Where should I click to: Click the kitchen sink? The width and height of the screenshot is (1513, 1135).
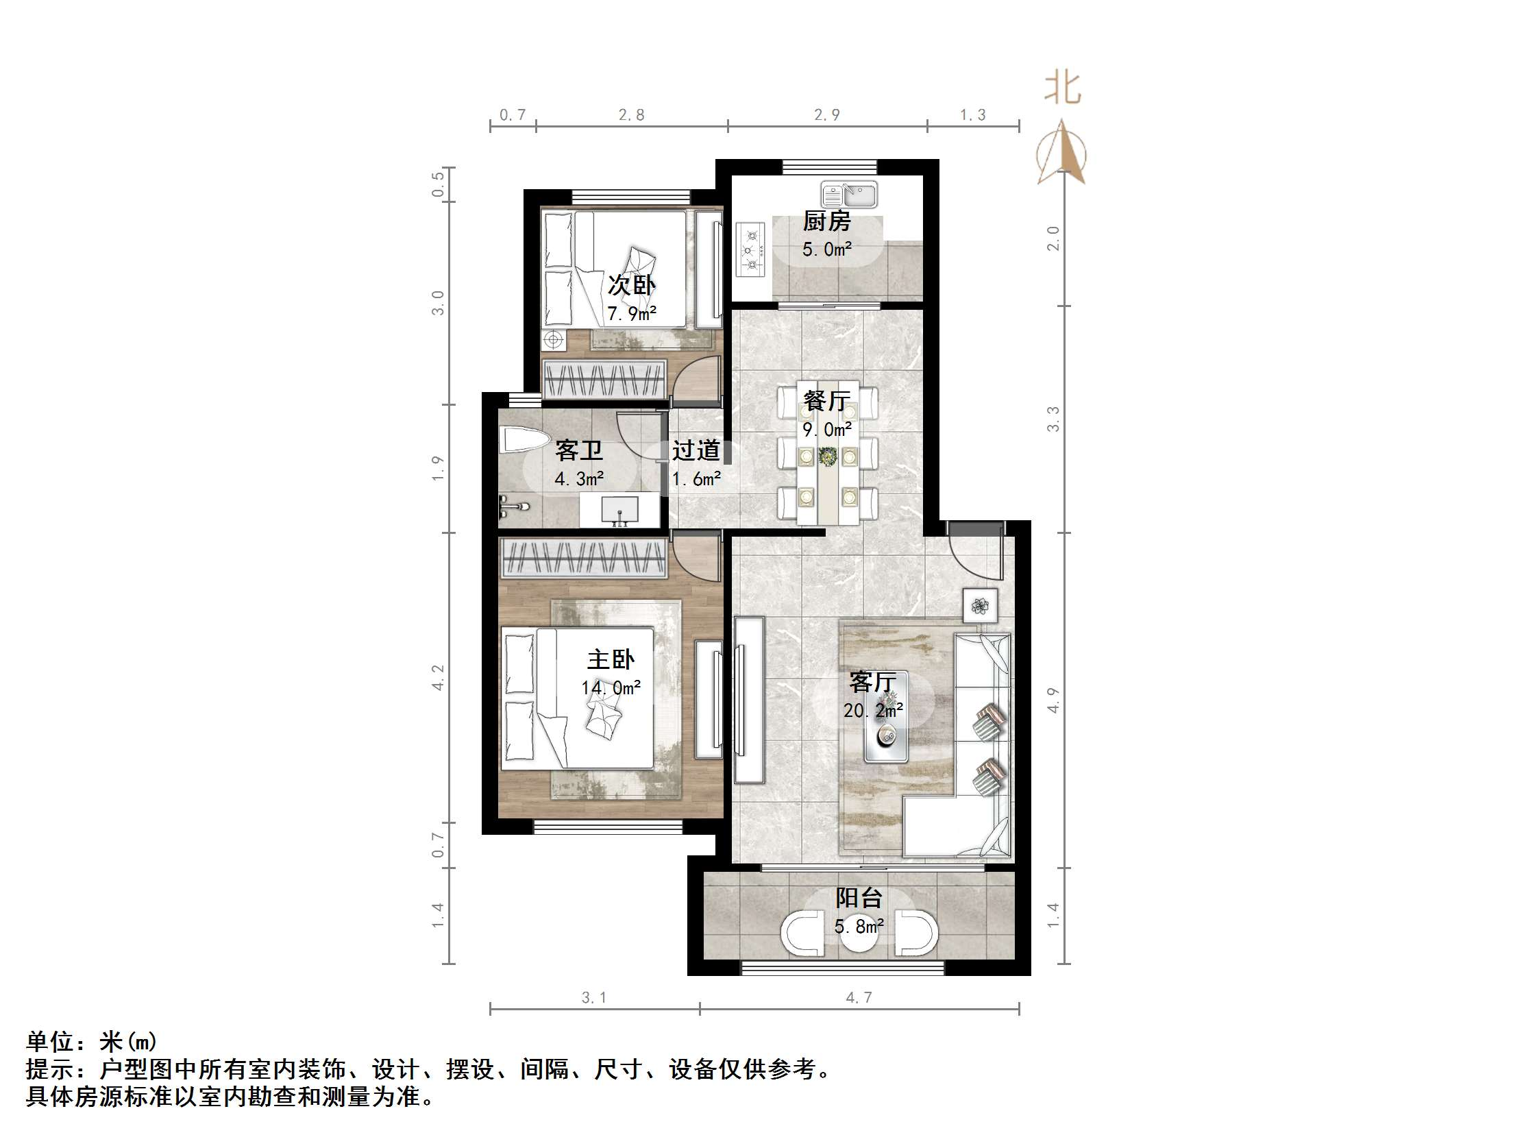849,195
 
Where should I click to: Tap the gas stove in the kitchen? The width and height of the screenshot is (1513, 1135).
750,250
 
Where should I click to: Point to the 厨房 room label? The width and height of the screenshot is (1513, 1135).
827,221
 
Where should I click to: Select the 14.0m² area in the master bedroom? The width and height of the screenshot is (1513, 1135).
611,687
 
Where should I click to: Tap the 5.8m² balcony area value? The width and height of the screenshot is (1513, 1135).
859,927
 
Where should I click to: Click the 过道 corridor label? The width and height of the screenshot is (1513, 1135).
696,450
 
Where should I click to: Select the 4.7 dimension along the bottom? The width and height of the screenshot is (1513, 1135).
859,998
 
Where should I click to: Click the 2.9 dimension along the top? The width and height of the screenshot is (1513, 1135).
826,115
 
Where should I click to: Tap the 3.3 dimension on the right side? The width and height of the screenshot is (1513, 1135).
1053,419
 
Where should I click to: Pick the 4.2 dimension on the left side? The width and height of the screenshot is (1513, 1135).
437,677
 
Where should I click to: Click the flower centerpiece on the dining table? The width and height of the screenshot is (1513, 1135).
828,456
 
